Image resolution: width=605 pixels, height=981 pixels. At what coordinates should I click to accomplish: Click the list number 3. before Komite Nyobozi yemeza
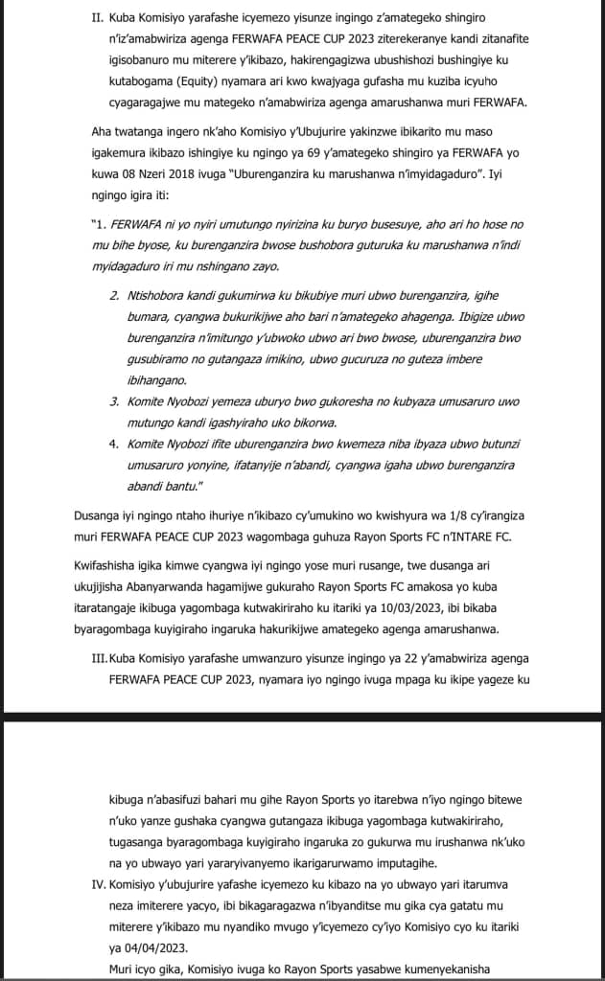114,400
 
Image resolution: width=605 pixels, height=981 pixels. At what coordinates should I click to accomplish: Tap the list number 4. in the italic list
114,445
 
